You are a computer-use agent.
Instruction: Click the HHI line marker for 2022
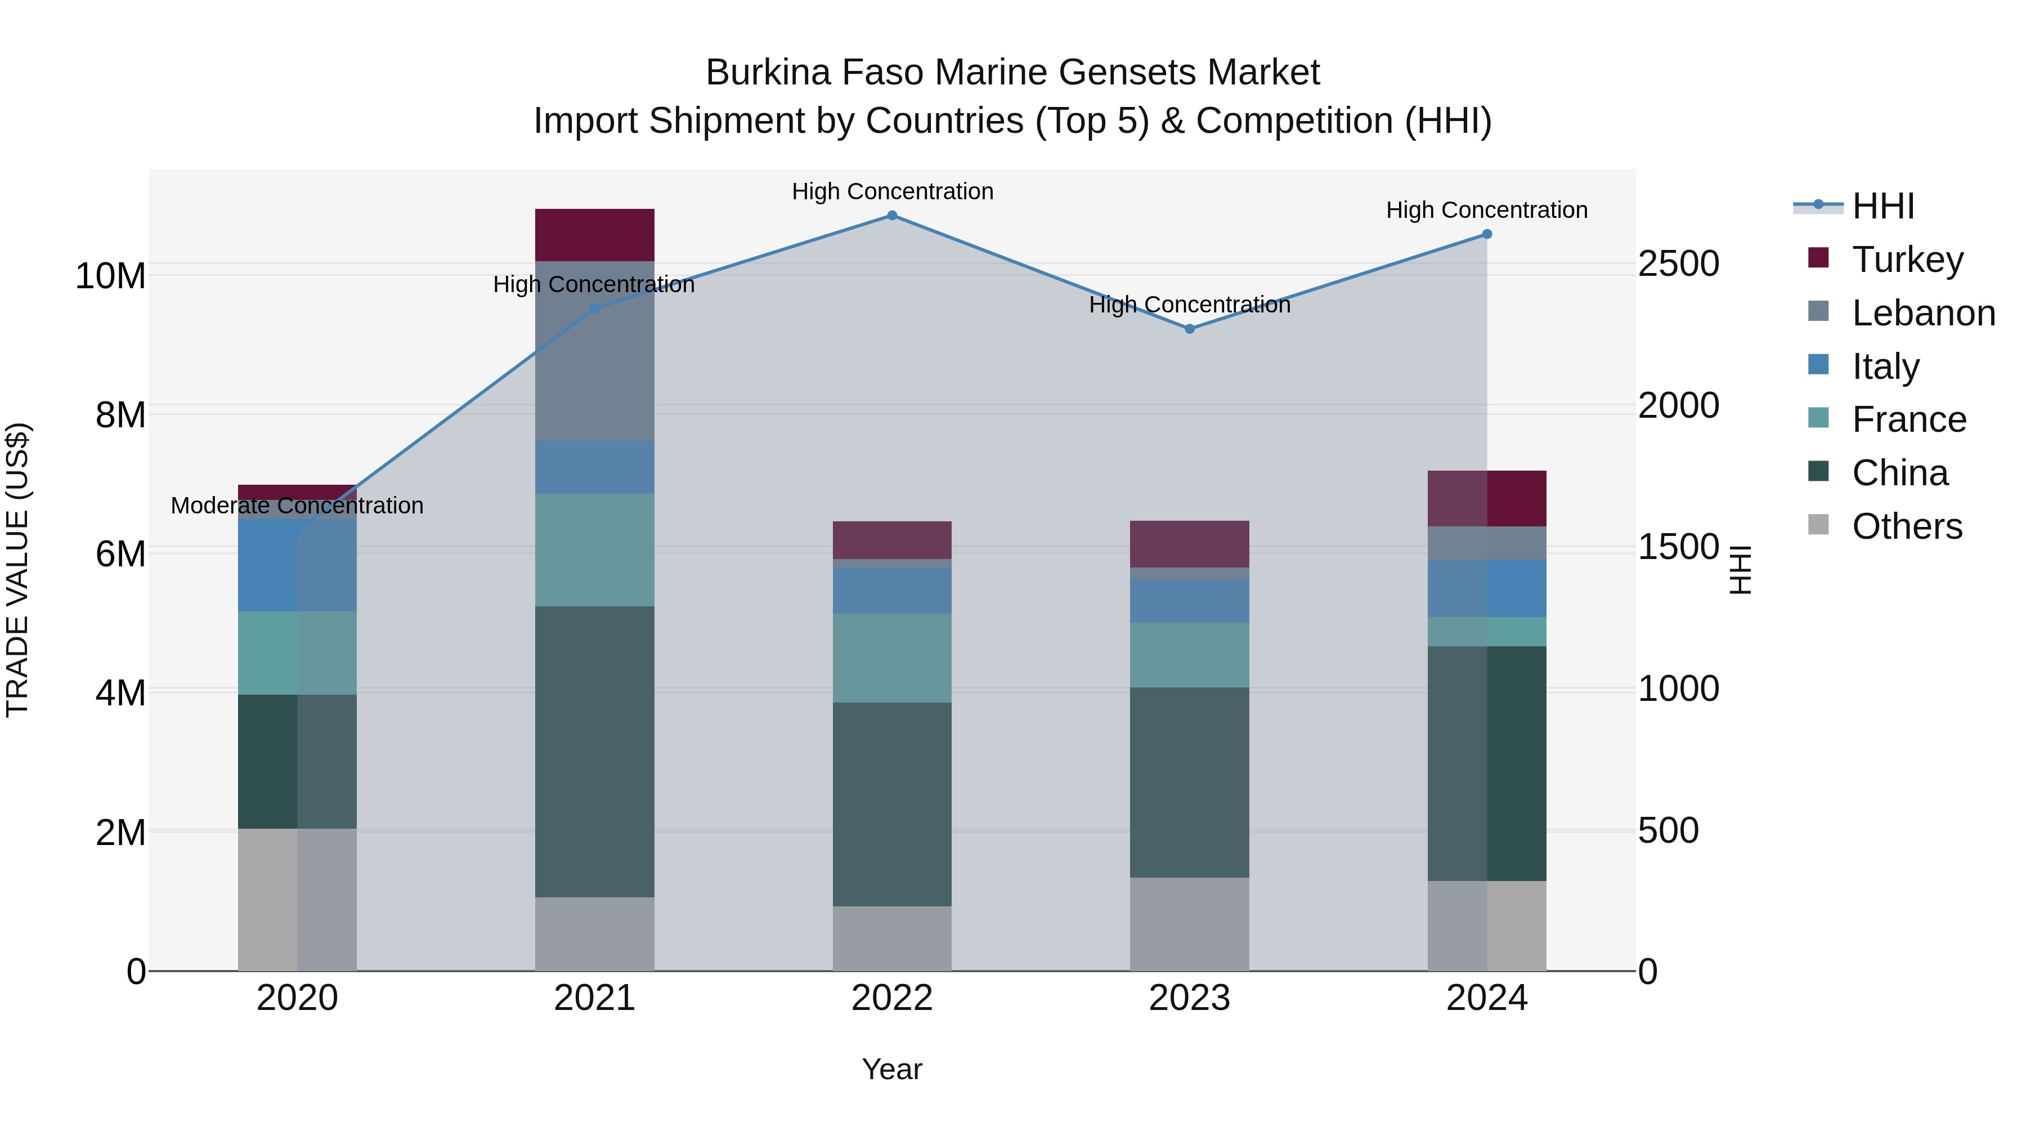[892, 216]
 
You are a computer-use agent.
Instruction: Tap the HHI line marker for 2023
[1189, 329]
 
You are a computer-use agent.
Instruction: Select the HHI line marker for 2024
[1486, 234]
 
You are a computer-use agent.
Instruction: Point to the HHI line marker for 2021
[595, 309]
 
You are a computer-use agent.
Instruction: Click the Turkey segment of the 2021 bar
[595, 234]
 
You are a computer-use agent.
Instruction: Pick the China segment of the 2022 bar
[892, 804]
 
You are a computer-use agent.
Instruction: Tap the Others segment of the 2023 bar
[1189, 924]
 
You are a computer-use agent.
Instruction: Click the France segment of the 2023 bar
[1189, 655]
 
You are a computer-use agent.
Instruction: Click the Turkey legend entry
[1907, 260]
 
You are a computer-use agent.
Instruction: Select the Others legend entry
[1907, 526]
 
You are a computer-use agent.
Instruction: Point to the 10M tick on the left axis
[110, 276]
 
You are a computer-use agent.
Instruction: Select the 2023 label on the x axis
[1189, 998]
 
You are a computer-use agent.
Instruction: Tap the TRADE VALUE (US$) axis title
[17, 570]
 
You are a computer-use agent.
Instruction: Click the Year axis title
[892, 1069]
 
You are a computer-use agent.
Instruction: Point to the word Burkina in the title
[768, 73]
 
